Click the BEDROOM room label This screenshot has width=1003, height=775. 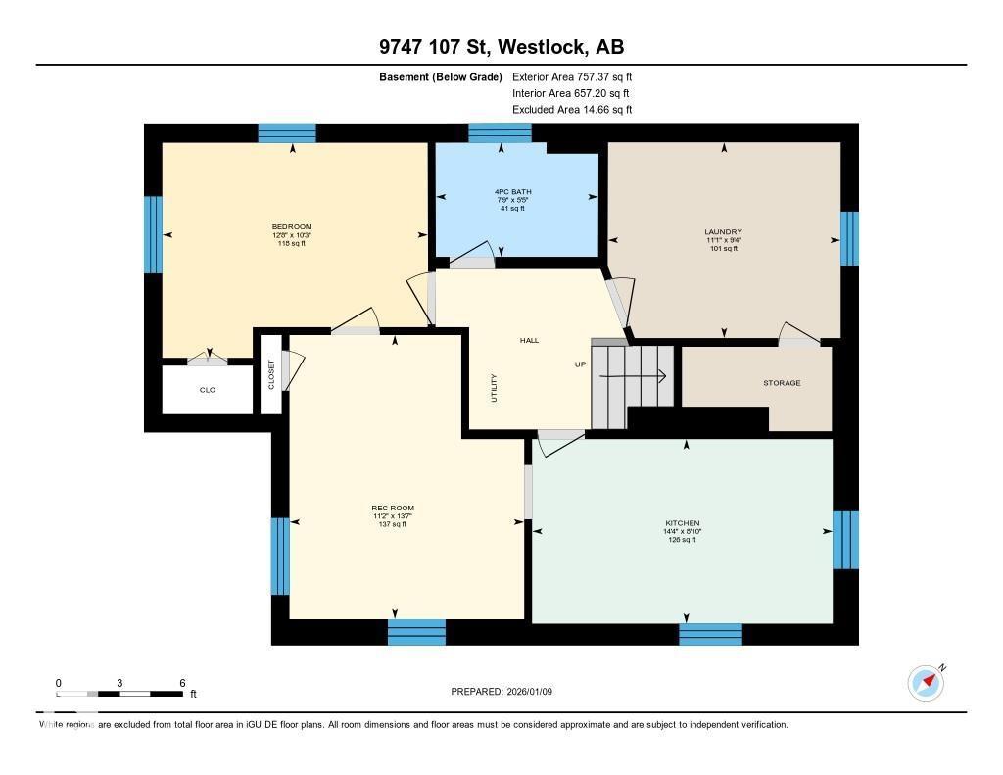292,227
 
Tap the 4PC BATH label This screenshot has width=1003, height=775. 512,192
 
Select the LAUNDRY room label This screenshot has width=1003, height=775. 724,232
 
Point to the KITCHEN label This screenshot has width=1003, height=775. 682,523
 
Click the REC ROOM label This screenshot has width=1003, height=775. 392,508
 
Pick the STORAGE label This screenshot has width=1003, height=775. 782,383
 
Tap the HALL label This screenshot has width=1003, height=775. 529,341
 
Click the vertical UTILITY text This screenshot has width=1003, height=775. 494,388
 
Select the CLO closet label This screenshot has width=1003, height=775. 208,390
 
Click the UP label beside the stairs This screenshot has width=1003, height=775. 580,364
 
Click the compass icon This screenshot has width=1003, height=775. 926,682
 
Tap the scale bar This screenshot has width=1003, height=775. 119,694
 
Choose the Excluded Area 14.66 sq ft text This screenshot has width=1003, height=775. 572,110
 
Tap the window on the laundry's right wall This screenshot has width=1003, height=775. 849,238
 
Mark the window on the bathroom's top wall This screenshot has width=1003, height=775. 500,133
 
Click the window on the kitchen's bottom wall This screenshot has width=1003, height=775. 710,633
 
